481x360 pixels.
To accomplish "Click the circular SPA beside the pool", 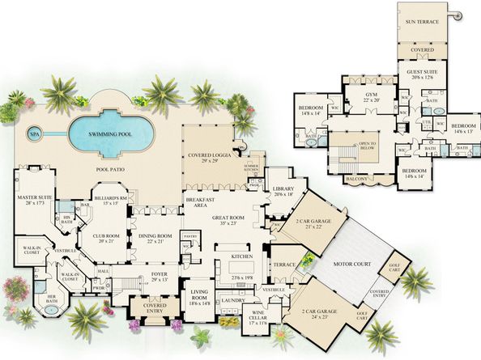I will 33,133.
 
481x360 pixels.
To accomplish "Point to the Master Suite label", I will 30,199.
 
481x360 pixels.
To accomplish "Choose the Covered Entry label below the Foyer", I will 148,309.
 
